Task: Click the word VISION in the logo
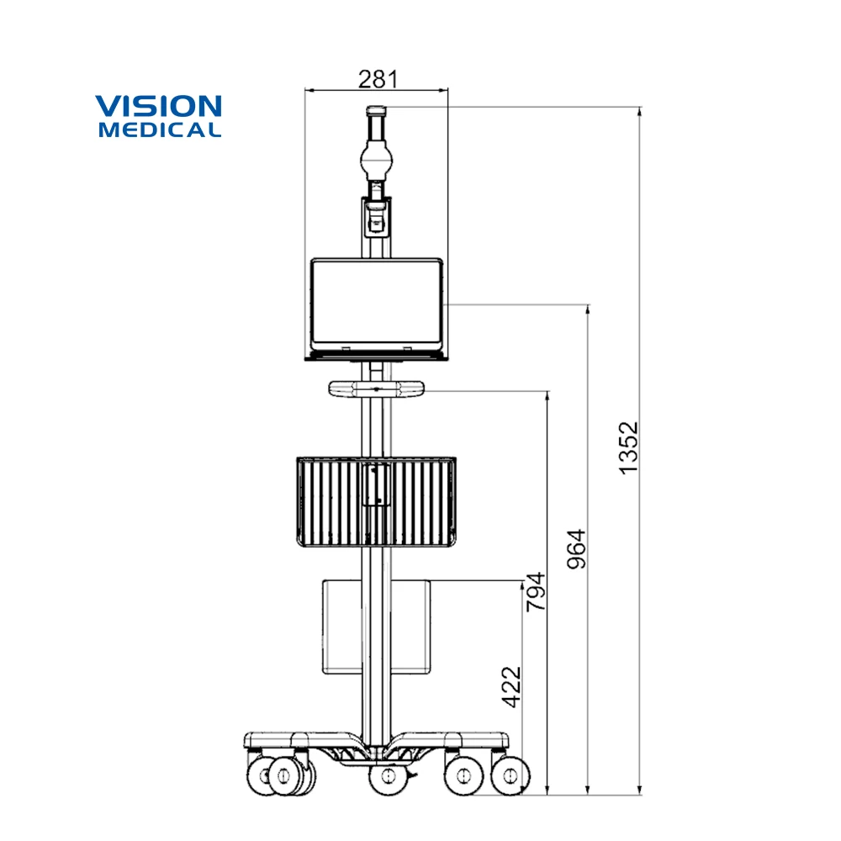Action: click(158, 107)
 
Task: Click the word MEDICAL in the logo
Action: click(160, 130)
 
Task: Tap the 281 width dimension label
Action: click(377, 79)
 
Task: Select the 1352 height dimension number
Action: click(629, 447)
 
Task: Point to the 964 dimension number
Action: click(576, 549)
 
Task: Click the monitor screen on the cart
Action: click(376, 304)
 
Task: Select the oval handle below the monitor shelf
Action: click(376, 389)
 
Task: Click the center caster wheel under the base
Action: click(387, 775)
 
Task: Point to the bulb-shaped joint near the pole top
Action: click(376, 159)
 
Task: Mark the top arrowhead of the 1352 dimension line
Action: click(640, 112)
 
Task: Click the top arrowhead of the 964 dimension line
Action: click(588, 309)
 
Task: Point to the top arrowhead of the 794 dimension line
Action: click(548, 395)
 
